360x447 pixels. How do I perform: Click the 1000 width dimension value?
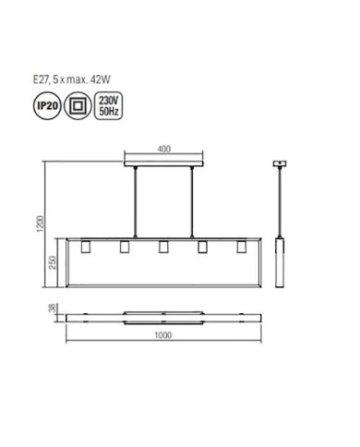[x=163, y=335]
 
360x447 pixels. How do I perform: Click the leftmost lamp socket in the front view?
[x=82, y=248]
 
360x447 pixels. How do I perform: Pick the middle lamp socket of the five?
[x=162, y=248]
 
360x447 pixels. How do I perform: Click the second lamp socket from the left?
[x=123, y=248]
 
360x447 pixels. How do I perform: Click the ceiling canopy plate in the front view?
[x=163, y=163]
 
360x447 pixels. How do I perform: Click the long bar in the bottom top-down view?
[x=163, y=316]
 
